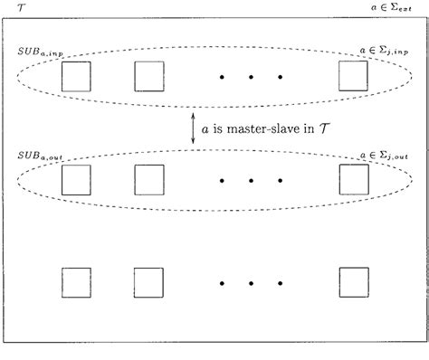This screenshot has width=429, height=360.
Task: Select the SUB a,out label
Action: click(37, 156)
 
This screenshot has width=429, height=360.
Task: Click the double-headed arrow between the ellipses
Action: click(193, 128)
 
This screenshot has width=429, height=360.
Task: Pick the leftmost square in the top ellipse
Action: click(76, 76)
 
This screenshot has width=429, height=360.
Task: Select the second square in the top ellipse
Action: click(149, 76)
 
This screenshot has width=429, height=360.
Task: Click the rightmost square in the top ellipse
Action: click(353, 76)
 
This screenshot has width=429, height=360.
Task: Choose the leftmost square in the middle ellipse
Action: click(76, 179)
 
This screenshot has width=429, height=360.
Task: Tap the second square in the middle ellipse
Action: click(149, 179)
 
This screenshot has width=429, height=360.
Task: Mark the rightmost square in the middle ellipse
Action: click(353, 179)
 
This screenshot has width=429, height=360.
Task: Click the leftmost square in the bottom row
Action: click(76, 282)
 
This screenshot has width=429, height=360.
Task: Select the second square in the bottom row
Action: click(149, 282)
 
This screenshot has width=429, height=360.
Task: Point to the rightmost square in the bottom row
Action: click(353, 282)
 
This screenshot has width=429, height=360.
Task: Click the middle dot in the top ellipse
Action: click(251, 77)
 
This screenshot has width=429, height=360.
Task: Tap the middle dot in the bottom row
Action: click(251, 283)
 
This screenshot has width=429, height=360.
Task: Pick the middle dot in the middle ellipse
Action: click(251, 180)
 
